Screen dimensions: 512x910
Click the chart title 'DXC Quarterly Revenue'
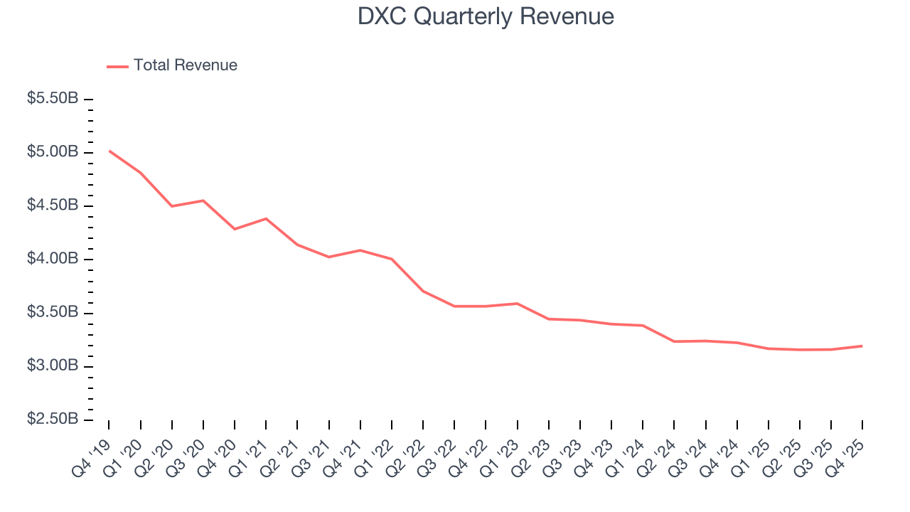[x=486, y=16]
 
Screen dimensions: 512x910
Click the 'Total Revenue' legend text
[x=185, y=65]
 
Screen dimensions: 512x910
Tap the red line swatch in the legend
[x=117, y=66]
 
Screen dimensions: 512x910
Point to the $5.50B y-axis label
[x=53, y=99]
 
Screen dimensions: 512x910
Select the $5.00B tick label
[x=53, y=152]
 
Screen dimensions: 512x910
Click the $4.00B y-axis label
[x=53, y=259]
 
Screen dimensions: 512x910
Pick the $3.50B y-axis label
[x=53, y=312]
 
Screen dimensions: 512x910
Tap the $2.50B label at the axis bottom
[x=53, y=419]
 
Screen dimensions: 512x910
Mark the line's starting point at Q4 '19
[x=109, y=150]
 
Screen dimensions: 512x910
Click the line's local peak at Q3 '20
[x=203, y=201]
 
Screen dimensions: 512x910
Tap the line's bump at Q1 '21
[x=266, y=218]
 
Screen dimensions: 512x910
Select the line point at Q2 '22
[x=423, y=291]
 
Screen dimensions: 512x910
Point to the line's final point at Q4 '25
[x=862, y=346]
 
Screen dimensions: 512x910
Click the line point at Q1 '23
[x=517, y=304]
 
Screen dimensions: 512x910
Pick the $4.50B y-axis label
[x=53, y=206]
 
